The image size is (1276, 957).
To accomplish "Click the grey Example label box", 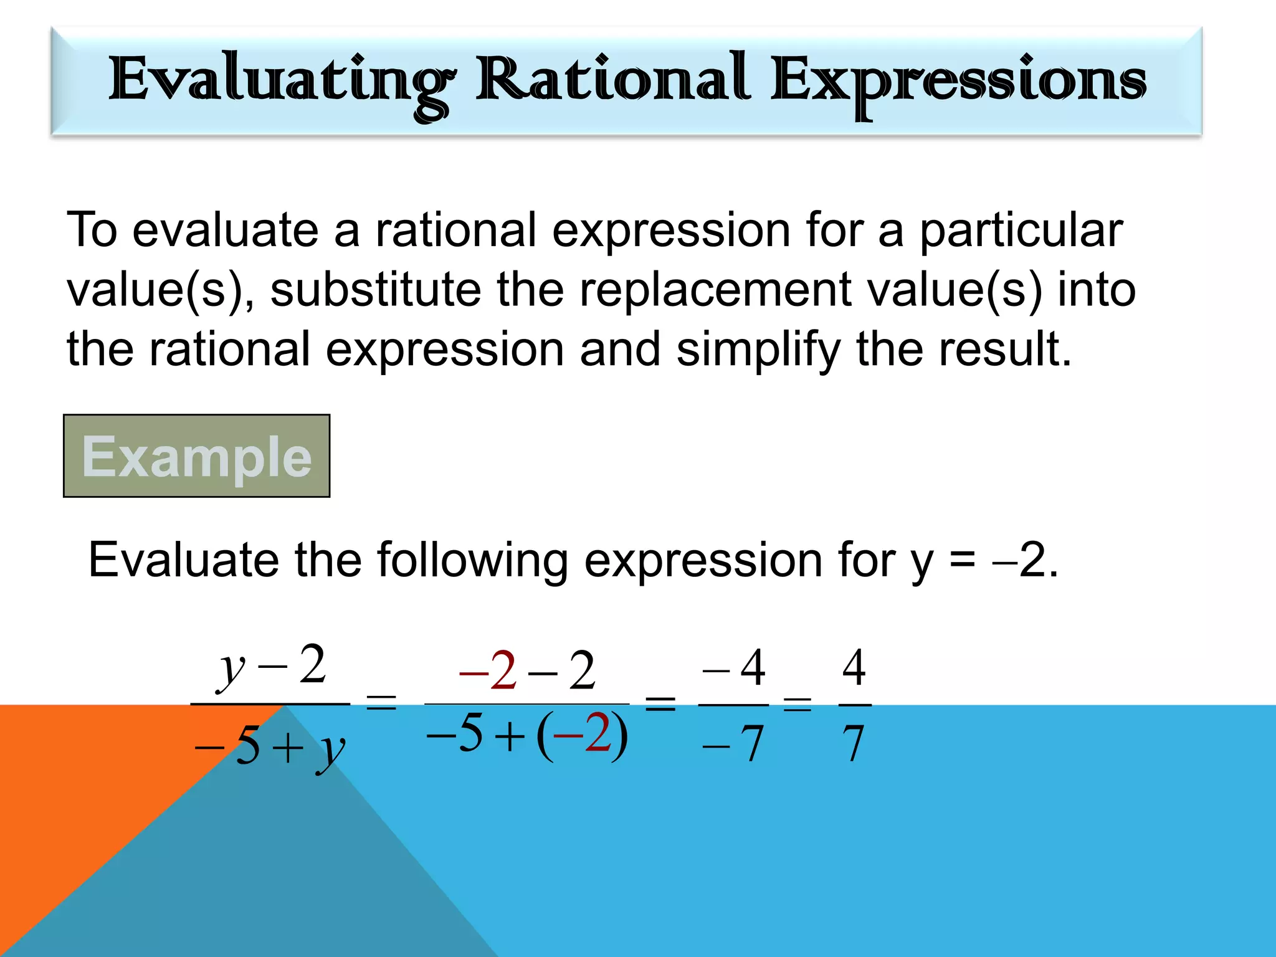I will pyautogui.click(x=196, y=456).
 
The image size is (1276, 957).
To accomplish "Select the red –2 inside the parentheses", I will pyautogui.click(x=582, y=734).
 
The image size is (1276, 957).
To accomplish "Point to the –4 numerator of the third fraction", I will pyautogui.click(x=734, y=668).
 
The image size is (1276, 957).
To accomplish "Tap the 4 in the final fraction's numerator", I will pyautogui.click(x=854, y=667).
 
